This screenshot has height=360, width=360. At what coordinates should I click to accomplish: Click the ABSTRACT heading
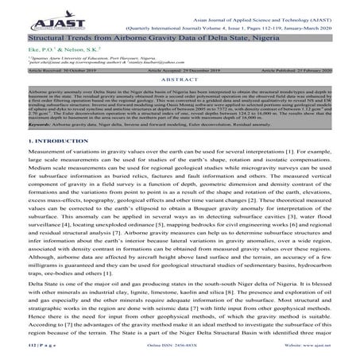point(180,80)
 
